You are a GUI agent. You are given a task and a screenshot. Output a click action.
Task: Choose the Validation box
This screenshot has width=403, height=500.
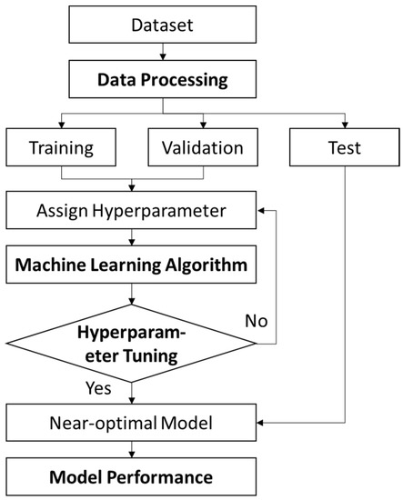(x=196, y=145)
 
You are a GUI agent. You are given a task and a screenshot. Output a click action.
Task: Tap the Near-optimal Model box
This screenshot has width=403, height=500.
(x=134, y=424)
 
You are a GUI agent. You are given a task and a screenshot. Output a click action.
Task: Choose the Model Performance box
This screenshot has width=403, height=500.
(x=134, y=476)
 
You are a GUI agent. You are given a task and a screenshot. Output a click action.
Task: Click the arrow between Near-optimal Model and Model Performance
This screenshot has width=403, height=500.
(x=134, y=450)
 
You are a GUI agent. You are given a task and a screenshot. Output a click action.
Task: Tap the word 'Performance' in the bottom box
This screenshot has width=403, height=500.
(x=170, y=476)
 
